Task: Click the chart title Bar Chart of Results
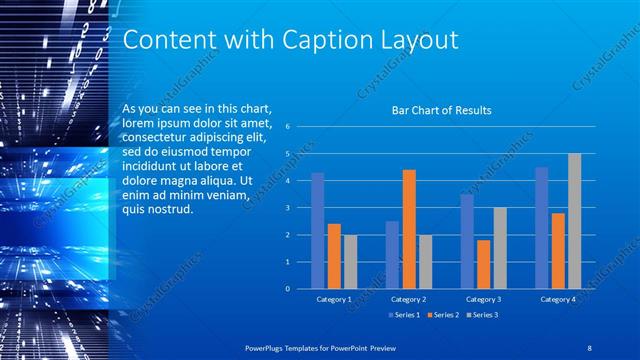[441, 111]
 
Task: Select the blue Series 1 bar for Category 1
[318, 231]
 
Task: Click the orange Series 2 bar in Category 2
[409, 229]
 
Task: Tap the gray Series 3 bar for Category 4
[574, 221]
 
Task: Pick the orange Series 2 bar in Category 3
[484, 264]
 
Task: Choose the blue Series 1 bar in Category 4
[541, 228]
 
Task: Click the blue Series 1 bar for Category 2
[392, 255]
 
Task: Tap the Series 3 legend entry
[482, 315]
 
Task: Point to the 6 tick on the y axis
[287, 127]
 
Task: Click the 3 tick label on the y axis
[287, 208]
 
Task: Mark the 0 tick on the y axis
[287, 289]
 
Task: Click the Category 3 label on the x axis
[483, 299]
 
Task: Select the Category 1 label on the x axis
[333, 299]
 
